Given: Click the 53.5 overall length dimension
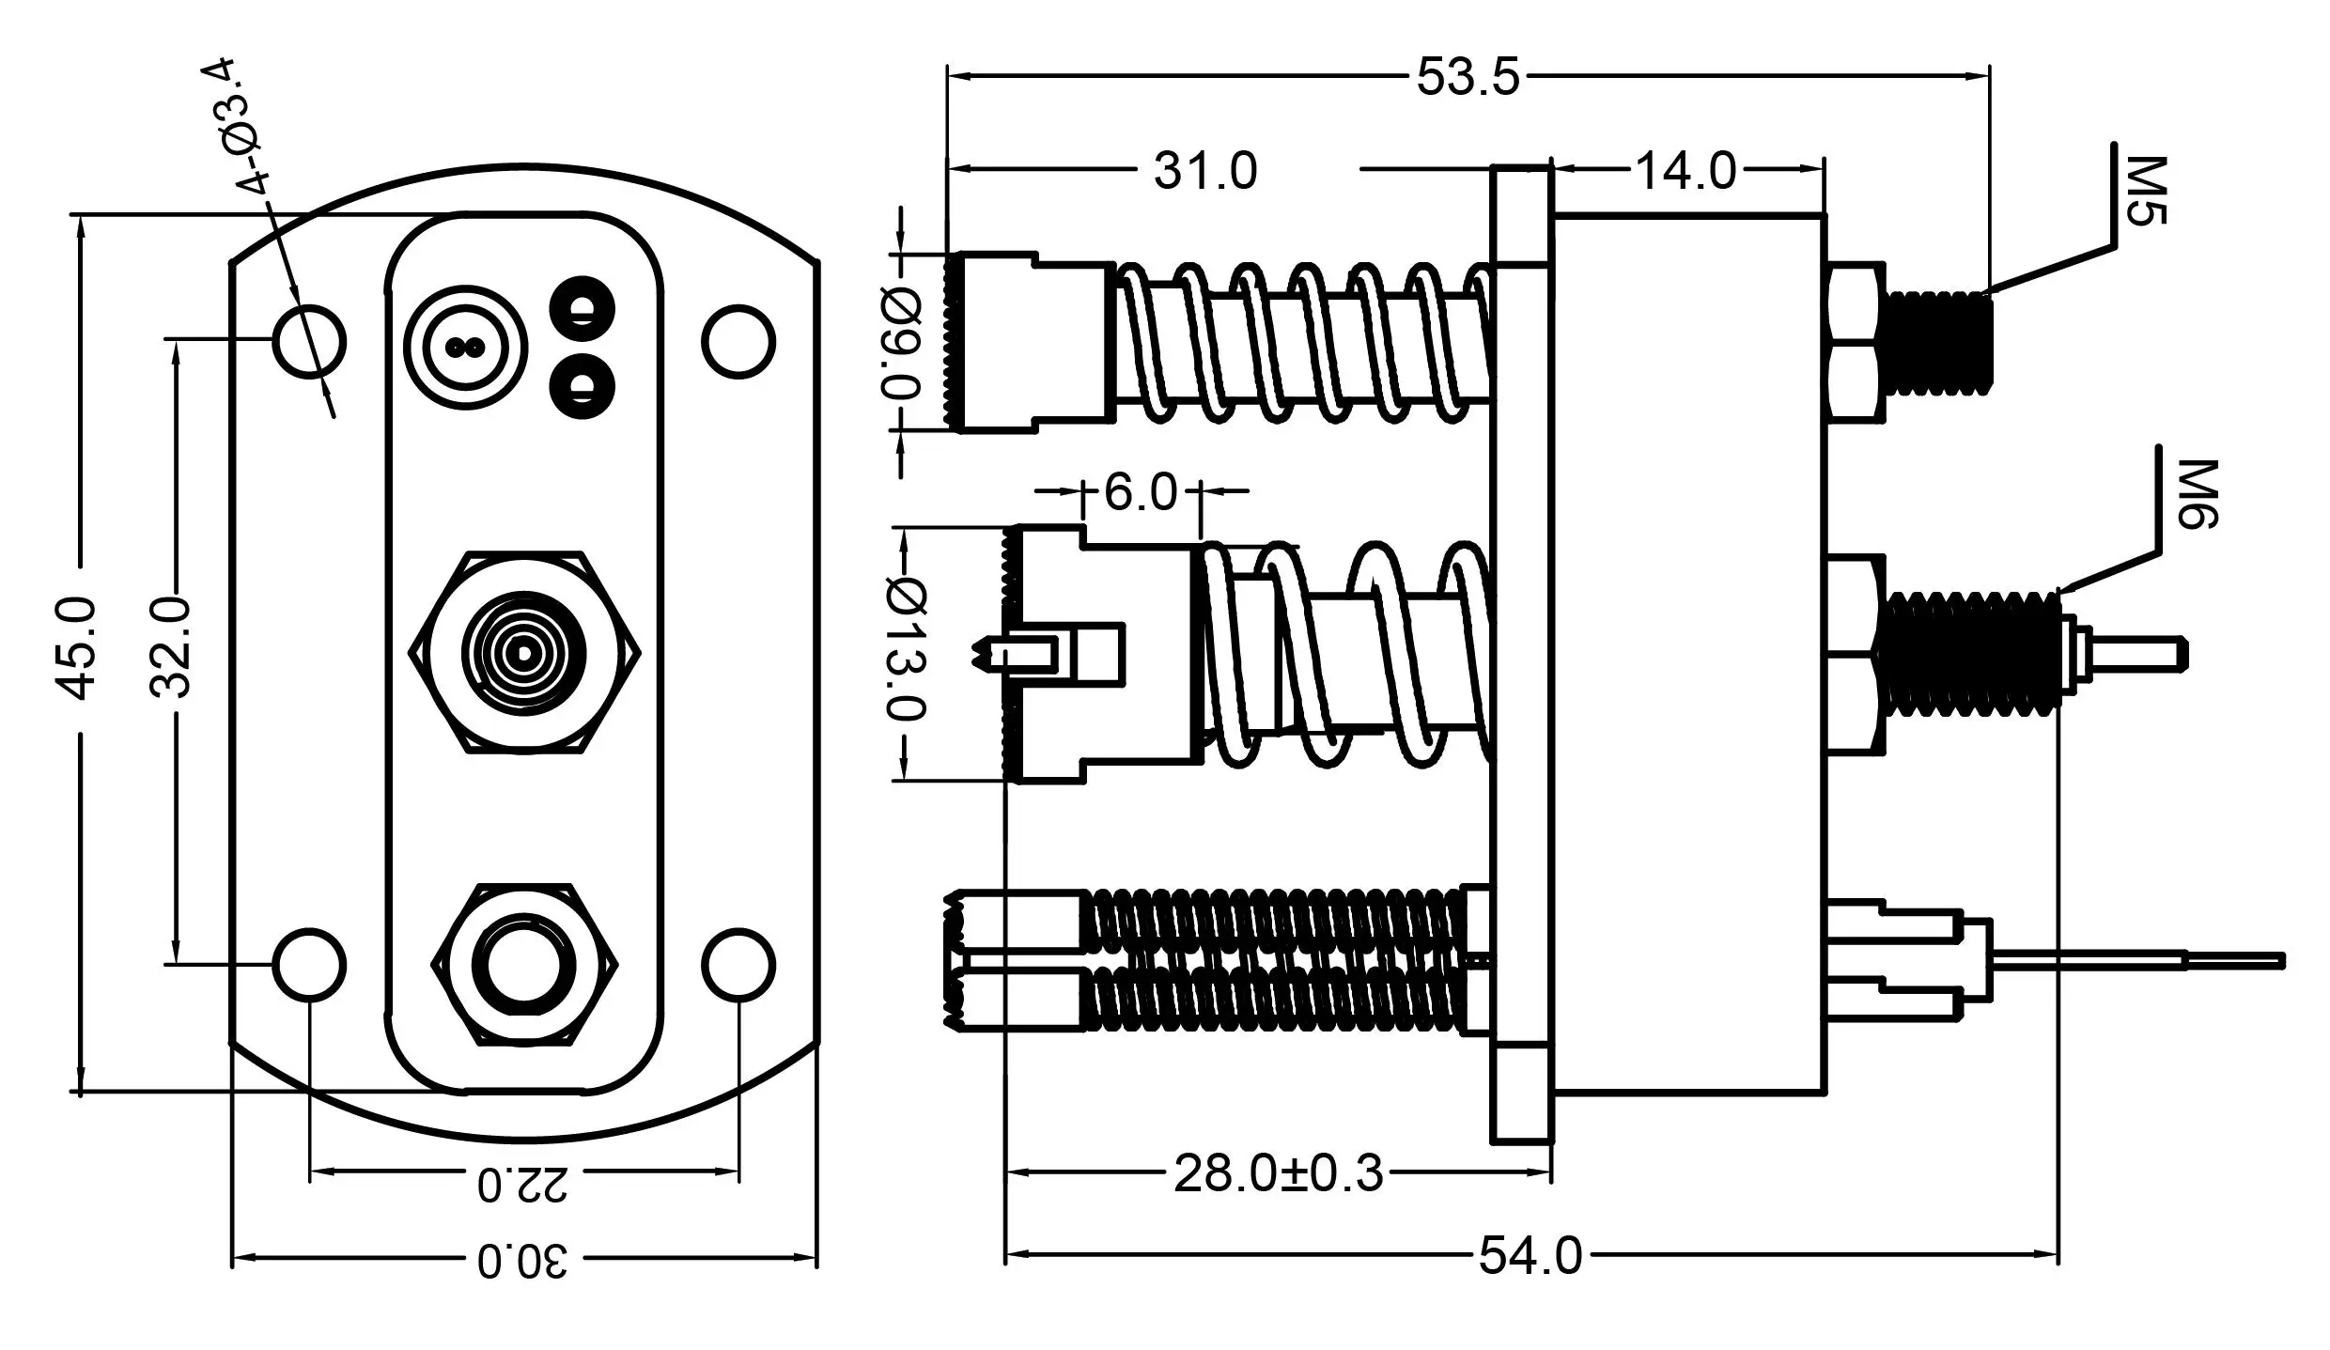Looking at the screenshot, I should pyautogui.click(x=1468, y=77).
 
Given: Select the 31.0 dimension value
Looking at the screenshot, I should pyautogui.click(x=1205, y=171).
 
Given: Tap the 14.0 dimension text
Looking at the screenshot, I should pyautogui.click(x=1686, y=171).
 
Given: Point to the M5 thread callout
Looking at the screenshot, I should pyautogui.click(x=2144, y=192).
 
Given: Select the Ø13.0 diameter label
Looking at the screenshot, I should pyautogui.click(x=906, y=649).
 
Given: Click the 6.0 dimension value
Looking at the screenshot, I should pyautogui.click(x=1140, y=491).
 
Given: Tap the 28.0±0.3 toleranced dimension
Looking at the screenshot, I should pyautogui.click(x=1279, y=1173).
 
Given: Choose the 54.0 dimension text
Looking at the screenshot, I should pyautogui.click(x=1530, y=1255).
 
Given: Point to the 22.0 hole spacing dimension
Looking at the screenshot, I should pyautogui.click(x=522, y=1186).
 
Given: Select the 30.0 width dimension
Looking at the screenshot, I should pyautogui.click(x=522, y=1262).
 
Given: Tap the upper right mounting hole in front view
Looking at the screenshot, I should pyautogui.click(x=738, y=342).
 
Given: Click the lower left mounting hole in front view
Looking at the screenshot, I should pyautogui.click(x=309, y=965).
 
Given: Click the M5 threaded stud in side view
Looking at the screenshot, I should pyautogui.click(x=1941, y=342).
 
